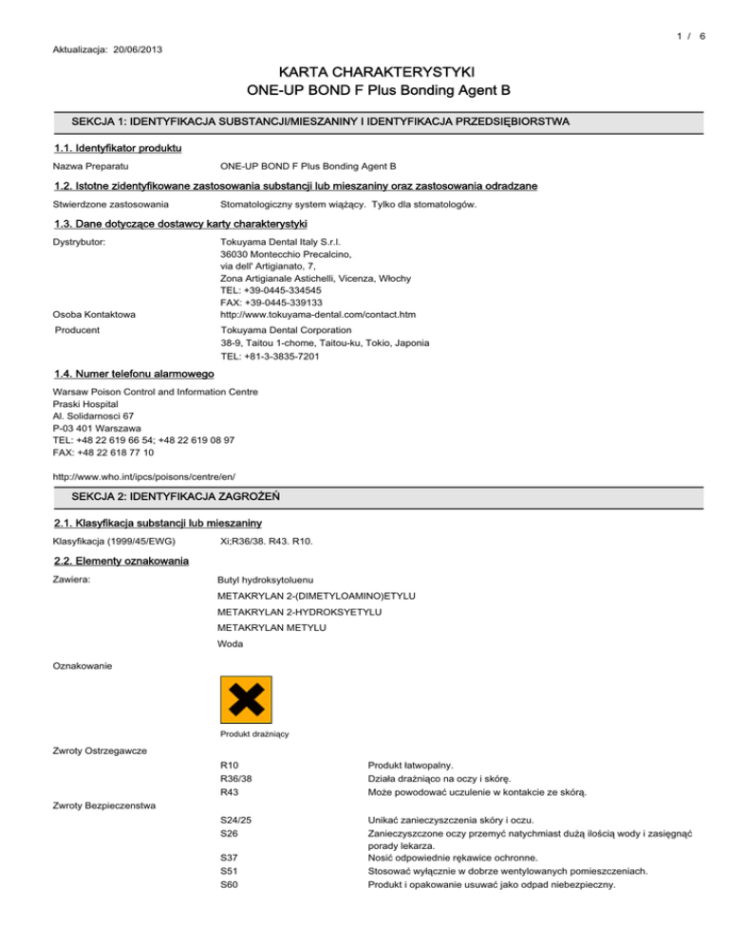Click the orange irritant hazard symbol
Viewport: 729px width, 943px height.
click(246, 700)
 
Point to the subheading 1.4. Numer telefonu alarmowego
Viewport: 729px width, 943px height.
click(131, 375)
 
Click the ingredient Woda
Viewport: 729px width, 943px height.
click(231, 644)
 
